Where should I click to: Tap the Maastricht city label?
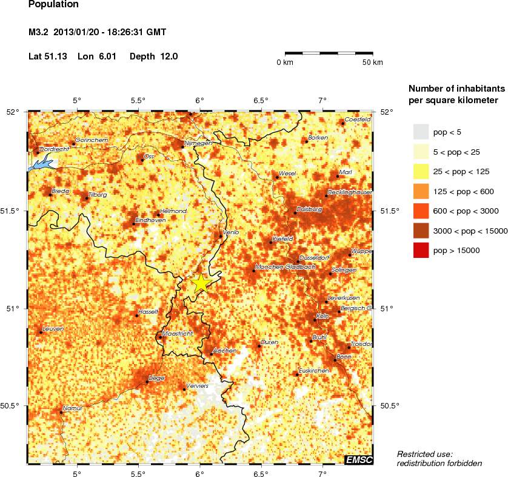tap(178, 334)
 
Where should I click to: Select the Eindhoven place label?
tap(150, 220)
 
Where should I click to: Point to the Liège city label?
tap(156, 377)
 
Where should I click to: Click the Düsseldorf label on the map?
tap(315, 258)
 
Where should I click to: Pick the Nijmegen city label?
tap(198, 143)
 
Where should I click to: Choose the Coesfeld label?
tap(358, 120)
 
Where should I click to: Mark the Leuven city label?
tap(53, 328)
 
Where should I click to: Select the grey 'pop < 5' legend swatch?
tap(421, 131)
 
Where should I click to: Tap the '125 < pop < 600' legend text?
tap(464, 191)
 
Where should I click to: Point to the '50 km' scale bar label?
tap(372, 63)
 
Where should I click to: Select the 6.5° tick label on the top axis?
tap(261, 101)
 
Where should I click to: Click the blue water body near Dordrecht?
tap(39, 164)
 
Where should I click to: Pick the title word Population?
tap(53, 5)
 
